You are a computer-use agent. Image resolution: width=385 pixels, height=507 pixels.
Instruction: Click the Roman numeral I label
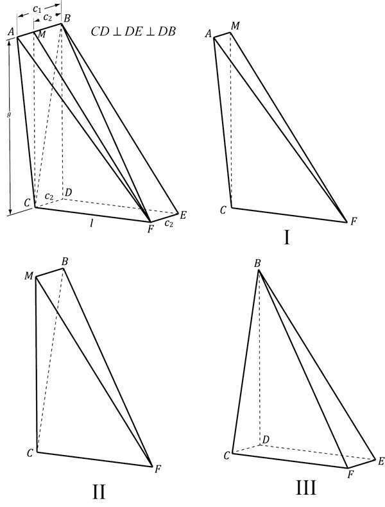[x=286, y=238]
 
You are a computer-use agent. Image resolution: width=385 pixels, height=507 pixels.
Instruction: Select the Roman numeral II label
[x=99, y=492]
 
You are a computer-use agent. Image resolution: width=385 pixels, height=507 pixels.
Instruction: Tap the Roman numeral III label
[x=306, y=488]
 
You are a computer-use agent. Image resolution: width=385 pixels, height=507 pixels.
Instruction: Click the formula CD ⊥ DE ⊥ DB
[x=133, y=31]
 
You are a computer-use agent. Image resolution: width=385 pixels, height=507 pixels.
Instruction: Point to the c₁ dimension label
[x=37, y=9]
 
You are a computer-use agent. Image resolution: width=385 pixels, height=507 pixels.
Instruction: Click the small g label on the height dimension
[x=9, y=114]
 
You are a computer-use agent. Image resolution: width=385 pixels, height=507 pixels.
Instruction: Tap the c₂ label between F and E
[x=169, y=223]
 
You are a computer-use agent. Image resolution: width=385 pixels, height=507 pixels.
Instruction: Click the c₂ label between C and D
[x=49, y=196]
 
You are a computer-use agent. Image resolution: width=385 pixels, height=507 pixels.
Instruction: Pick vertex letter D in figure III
[x=266, y=440]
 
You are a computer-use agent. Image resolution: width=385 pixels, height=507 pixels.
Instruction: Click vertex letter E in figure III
[x=381, y=461]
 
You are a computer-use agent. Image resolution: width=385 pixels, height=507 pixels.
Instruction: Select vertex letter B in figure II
[x=65, y=262]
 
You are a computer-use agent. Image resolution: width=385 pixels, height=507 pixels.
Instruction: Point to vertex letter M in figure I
[x=235, y=26]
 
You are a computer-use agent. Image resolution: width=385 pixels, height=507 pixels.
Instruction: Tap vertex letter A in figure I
[x=208, y=33]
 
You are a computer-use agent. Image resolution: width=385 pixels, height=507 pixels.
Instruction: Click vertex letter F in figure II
[x=158, y=469]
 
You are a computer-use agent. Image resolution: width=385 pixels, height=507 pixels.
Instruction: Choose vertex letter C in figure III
[x=227, y=456]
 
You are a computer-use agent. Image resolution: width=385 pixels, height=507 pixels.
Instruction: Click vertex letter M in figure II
[x=29, y=276]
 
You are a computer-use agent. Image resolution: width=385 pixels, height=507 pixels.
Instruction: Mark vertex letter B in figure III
[x=257, y=264]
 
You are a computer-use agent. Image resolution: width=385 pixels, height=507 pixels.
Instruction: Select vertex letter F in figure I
[x=354, y=221]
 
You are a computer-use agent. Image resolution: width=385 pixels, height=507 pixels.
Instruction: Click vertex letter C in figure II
[x=30, y=453]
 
